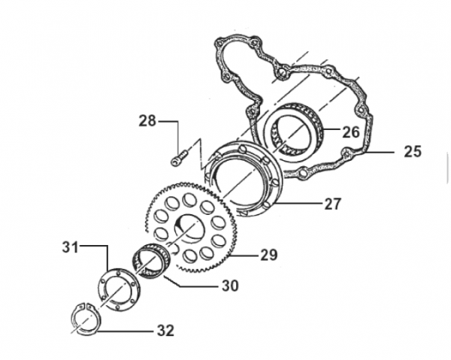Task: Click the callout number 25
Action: (x=413, y=151)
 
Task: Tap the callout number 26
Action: (x=351, y=132)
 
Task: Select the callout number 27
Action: (x=333, y=204)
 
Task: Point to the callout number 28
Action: (x=147, y=121)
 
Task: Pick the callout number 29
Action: (x=269, y=255)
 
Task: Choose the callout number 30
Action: (x=230, y=286)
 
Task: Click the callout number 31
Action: (x=71, y=247)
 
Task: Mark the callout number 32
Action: (x=165, y=331)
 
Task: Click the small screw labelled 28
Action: (x=180, y=158)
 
